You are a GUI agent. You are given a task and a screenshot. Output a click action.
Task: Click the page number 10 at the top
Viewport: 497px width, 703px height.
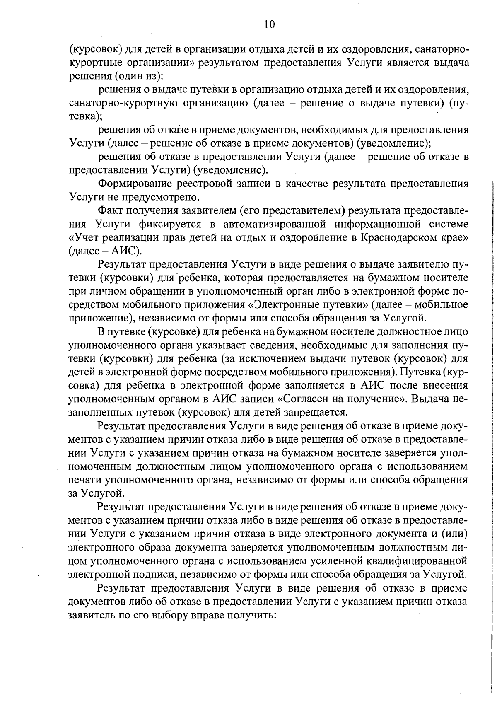269,24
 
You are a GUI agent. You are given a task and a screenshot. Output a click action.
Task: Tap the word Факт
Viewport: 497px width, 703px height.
111,211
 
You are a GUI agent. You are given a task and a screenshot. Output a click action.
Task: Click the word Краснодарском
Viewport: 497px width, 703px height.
404,238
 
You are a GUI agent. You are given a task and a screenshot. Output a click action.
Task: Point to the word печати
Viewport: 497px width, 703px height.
84,480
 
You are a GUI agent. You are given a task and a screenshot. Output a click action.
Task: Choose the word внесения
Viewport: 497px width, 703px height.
445,386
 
